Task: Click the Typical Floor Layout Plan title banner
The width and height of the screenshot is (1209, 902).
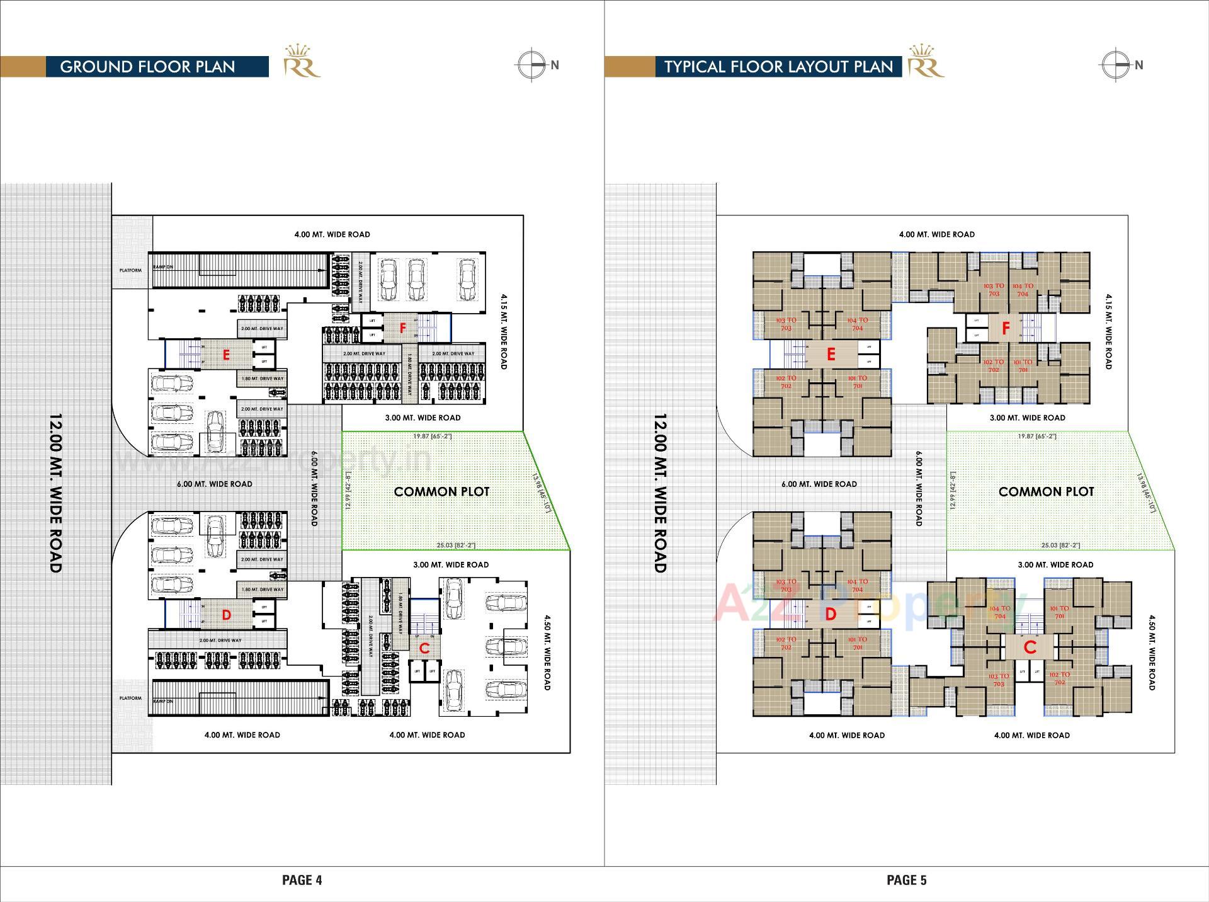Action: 778,67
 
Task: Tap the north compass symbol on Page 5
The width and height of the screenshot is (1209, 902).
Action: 1116,65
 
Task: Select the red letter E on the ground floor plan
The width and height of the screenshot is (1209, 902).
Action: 226,355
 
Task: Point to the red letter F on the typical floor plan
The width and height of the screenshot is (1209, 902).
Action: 1006,328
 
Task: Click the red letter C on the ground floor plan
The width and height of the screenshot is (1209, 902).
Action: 424,648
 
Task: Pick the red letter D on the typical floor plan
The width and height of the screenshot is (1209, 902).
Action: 830,614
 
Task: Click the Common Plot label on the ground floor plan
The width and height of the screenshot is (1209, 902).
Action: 441,491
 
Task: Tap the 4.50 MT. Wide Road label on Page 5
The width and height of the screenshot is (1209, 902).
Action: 1152,653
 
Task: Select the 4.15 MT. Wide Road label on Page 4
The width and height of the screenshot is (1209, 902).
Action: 504,331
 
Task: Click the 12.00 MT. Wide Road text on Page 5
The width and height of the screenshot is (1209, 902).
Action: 660,493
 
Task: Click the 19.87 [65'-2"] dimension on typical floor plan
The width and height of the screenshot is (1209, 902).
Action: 1037,436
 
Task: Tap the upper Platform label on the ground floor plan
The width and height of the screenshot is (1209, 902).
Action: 131,270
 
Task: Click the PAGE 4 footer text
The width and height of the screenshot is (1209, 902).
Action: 302,880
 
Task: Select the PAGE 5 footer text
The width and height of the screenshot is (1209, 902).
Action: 906,880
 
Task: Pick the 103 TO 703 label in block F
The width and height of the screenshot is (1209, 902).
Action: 994,290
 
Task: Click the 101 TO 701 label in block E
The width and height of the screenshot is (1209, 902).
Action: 857,382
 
